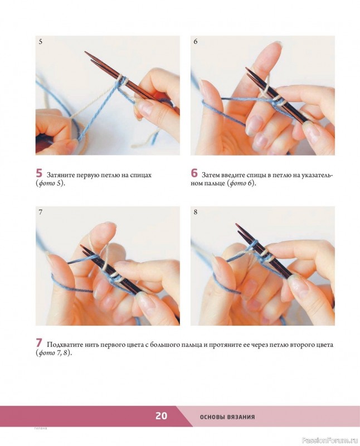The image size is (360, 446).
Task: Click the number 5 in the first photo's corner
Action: pyautogui.click(x=40, y=41)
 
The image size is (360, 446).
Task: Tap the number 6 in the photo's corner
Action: pyautogui.click(x=196, y=41)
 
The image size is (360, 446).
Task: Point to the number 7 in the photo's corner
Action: pyautogui.click(x=40, y=212)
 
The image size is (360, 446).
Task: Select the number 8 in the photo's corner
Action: pyautogui.click(x=196, y=212)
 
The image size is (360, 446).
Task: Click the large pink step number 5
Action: pyautogui.click(x=39, y=173)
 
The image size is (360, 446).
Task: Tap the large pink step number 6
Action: pyautogui.click(x=194, y=173)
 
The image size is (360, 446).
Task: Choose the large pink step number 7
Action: pyautogui.click(x=39, y=343)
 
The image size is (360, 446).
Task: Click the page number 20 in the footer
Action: pyautogui.click(x=161, y=416)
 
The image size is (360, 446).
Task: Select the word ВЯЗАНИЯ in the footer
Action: pyautogui.click(x=241, y=417)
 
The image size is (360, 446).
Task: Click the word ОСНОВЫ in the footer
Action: pyautogui.click(x=212, y=417)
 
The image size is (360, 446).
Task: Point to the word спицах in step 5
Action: pyautogui.click(x=141, y=175)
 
